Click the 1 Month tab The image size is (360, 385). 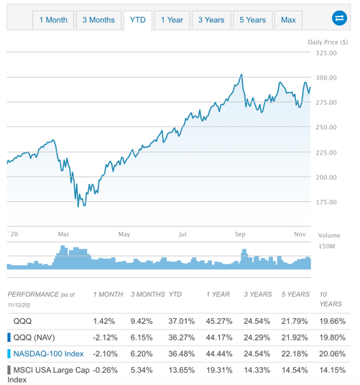click(x=53, y=20)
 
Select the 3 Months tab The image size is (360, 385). click(x=98, y=20)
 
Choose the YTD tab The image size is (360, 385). click(x=137, y=20)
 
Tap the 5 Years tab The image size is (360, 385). click(x=252, y=20)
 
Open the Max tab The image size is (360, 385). click(x=288, y=20)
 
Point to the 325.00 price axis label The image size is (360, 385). click(x=326, y=53)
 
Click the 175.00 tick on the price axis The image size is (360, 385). click(x=326, y=202)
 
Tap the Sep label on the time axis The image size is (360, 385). click(x=240, y=234)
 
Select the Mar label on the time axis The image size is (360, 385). click(x=64, y=234)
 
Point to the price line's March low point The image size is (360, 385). click(x=79, y=206)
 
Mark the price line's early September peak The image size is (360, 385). click(x=241, y=74)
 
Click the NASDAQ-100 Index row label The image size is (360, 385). click(x=48, y=353)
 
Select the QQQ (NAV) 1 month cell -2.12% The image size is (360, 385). click(x=106, y=337)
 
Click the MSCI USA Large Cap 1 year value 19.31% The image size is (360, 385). click(x=218, y=369)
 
